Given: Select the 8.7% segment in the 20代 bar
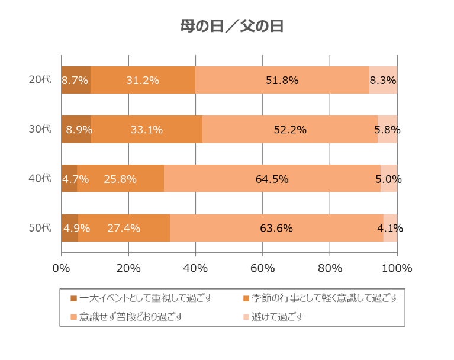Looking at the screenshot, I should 75,80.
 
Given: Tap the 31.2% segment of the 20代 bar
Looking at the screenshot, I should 143,80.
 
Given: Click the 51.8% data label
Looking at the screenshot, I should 282,80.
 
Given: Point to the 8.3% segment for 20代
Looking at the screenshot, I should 383,80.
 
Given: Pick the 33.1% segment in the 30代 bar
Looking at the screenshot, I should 146,130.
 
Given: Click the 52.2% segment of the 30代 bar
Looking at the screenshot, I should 290,130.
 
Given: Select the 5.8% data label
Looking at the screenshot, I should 387,130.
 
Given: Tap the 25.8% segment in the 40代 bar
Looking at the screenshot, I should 120,179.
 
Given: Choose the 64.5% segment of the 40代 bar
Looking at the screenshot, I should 272,179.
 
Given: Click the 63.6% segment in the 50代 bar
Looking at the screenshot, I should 276,228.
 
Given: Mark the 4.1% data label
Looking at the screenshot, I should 390,228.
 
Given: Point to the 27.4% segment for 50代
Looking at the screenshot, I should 124,228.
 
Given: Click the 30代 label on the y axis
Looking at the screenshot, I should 40,129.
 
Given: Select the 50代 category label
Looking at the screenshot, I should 40,228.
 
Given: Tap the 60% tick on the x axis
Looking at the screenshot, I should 263,268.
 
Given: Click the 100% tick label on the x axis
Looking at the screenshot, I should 397,268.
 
